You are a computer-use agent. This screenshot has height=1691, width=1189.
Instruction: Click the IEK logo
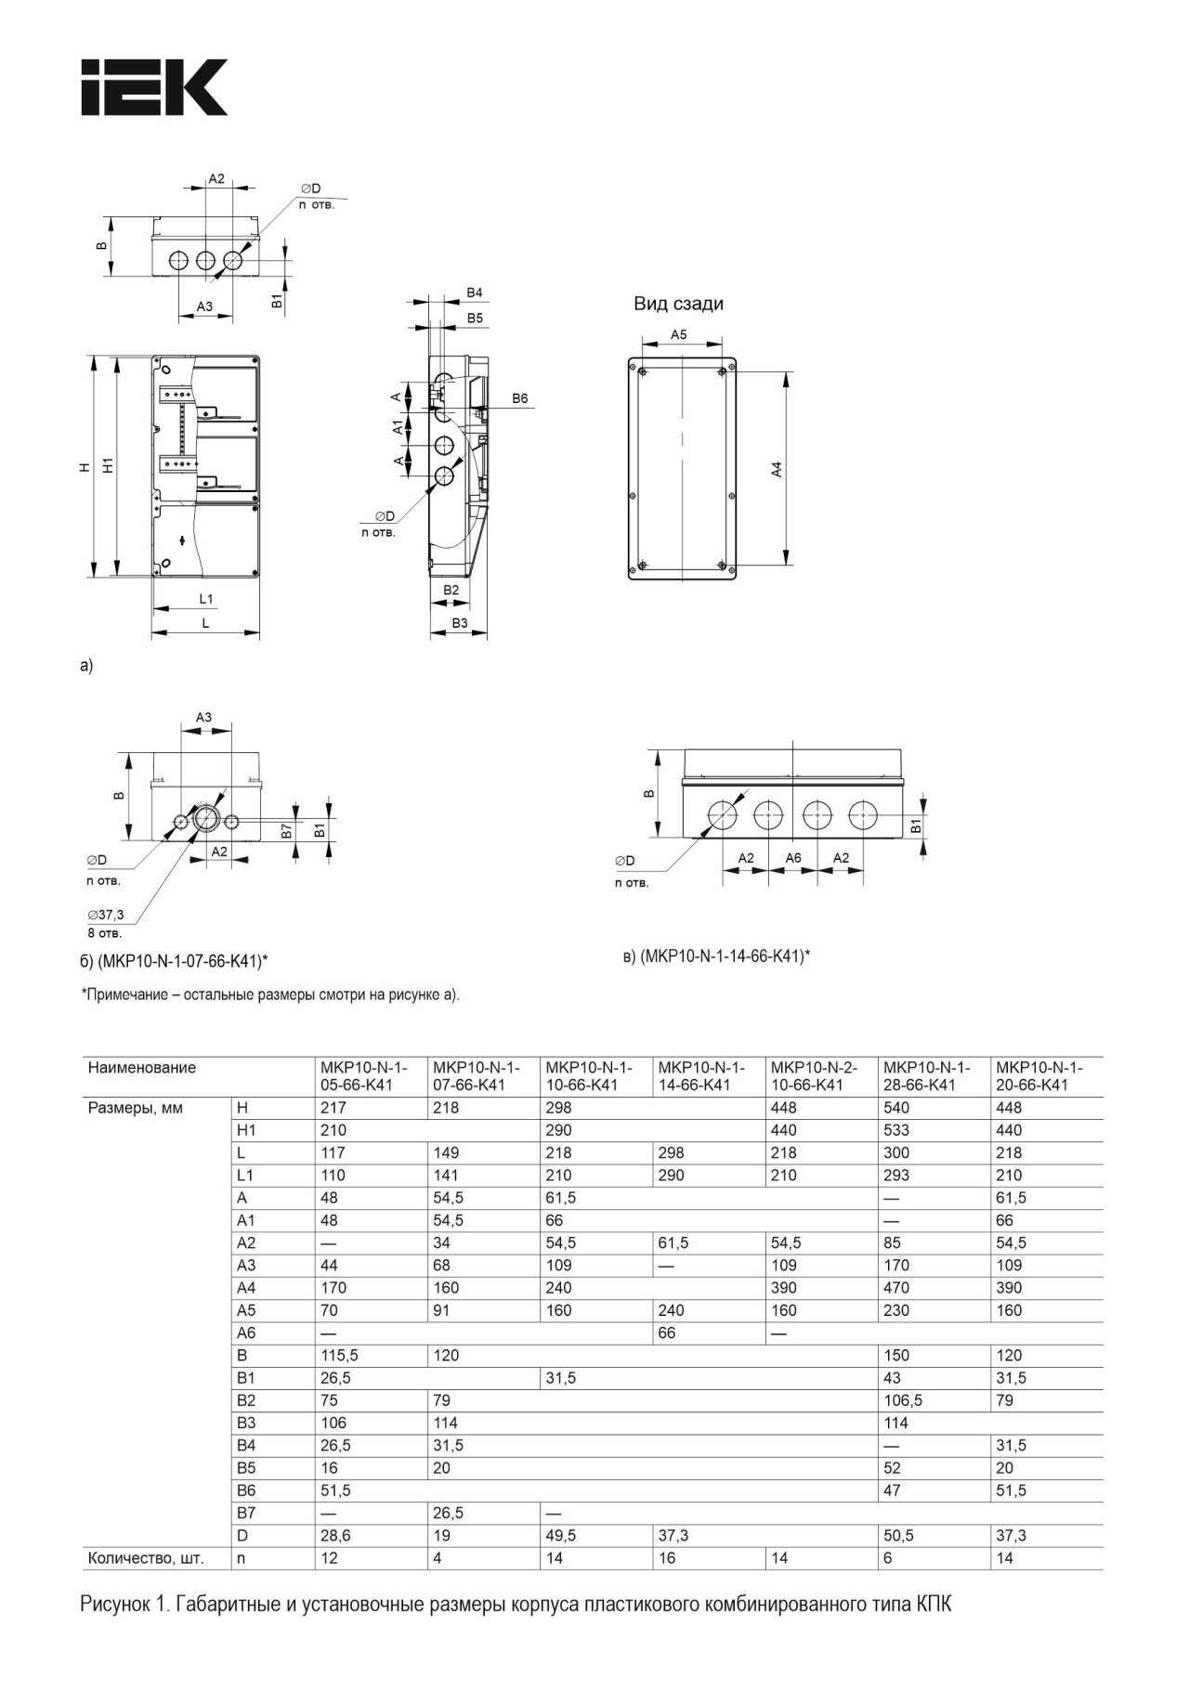point(154,87)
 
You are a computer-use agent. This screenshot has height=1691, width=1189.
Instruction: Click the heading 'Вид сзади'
point(678,304)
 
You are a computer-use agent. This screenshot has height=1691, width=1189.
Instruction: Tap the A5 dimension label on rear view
point(679,334)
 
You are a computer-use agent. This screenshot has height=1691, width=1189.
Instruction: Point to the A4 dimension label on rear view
point(777,469)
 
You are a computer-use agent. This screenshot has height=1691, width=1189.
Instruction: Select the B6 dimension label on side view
point(519,398)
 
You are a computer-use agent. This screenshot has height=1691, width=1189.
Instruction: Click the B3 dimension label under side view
point(460,623)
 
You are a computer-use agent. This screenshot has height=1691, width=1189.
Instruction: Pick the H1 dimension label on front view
point(108,465)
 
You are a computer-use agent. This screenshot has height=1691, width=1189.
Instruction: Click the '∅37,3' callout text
point(105,915)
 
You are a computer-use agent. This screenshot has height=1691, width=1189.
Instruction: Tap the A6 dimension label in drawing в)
point(793,858)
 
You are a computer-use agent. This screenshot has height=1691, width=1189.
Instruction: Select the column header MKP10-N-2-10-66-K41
point(814,1076)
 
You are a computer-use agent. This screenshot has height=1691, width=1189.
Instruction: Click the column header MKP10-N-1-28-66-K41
point(926,1076)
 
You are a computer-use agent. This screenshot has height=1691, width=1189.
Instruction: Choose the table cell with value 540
point(896,1108)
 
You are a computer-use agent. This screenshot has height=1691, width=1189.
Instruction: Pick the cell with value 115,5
point(339,1356)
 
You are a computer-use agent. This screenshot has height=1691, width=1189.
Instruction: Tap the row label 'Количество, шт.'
point(145,1558)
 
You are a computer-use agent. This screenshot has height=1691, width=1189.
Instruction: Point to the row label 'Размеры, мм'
point(136,1108)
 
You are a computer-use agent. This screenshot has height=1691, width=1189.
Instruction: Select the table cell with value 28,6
point(335,1536)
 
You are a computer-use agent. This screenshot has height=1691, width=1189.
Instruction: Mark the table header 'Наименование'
point(142,1068)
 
